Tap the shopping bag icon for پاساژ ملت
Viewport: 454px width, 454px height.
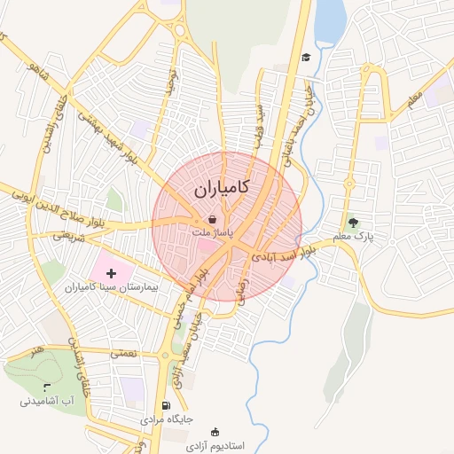(212, 218)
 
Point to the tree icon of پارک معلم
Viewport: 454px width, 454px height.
(355, 223)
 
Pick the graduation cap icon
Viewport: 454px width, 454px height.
(306, 58)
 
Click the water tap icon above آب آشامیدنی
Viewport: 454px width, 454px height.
(46, 387)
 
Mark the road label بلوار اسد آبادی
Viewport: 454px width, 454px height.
(284, 254)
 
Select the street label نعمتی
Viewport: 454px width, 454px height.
(123, 353)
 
